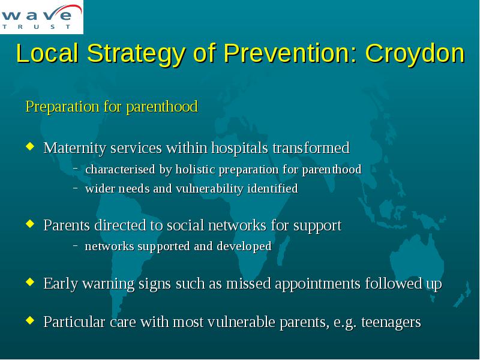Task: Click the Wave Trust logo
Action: pos(41,17)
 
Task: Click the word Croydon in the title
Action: pos(415,53)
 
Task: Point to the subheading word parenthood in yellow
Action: pos(162,107)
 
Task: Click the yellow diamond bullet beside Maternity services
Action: pos(30,146)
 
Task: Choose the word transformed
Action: pos(311,148)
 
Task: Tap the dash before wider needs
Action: pos(76,188)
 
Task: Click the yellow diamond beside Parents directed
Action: pos(30,223)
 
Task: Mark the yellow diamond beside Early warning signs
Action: pos(30,281)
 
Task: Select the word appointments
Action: pos(317,284)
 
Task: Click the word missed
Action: pos(248,283)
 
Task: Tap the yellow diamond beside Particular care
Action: pos(30,320)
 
